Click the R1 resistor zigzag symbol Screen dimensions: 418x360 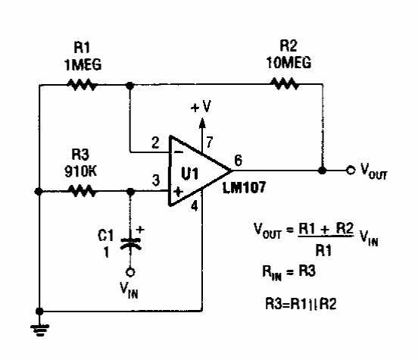82,85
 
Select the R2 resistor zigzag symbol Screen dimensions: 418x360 285,84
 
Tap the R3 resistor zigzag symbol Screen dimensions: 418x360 82,191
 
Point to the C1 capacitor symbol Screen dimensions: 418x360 130,244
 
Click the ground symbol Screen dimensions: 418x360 39,330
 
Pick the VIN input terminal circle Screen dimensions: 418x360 130,273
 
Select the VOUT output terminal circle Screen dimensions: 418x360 351,170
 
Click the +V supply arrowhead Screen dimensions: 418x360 202,124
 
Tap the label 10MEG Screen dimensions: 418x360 289,62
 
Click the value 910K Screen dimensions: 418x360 80,171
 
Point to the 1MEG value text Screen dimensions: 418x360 83,64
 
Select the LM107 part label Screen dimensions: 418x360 244,187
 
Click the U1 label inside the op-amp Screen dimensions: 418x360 190,174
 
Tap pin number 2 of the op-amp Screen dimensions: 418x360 155,142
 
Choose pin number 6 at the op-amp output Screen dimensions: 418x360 238,161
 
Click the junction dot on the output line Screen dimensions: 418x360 323,171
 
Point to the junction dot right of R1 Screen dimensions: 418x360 129,86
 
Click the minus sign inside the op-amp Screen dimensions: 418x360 179,152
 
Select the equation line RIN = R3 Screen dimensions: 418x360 289,272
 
